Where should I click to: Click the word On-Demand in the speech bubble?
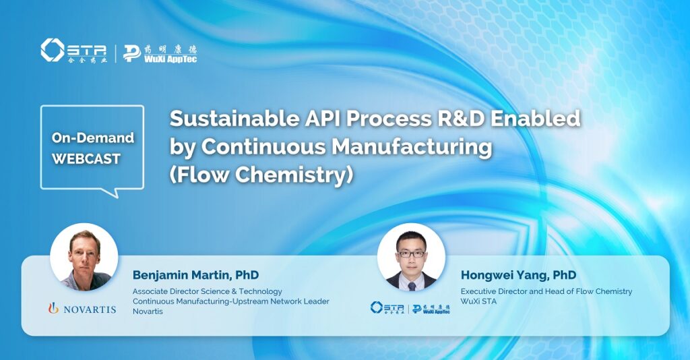[93, 138]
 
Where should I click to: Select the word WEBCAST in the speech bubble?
[86, 159]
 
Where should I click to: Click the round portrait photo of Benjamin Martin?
[84, 257]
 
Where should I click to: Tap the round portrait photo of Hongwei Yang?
[411, 257]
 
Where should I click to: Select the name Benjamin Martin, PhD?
[195, 275]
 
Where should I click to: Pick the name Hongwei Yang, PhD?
[518, 275]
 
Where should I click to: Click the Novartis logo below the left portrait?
[82, 309]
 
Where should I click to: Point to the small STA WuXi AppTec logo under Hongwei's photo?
[410, 308]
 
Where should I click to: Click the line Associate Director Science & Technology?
[207, 291]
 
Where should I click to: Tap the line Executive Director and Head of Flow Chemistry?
[546, 291]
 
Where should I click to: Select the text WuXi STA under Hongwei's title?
[479, 301]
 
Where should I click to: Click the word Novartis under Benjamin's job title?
[148, 311]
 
